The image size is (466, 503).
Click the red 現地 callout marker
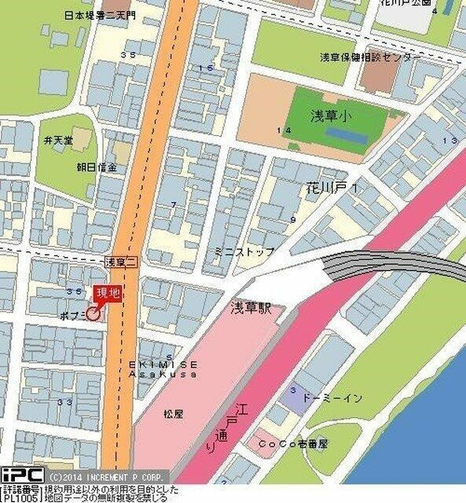coord(108,293)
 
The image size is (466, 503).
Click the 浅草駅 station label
coord(251,308)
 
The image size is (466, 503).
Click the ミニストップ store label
coord(244,251)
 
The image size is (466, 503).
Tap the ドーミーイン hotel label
coord(332,398)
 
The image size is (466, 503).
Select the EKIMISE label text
coord(164,365)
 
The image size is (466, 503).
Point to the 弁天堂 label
coord(58,140)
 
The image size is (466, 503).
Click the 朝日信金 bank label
coord(97,167)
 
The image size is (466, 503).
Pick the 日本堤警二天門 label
coord(100,14)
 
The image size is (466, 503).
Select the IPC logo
coord(21,475)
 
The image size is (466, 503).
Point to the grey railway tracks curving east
coord(393,266)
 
